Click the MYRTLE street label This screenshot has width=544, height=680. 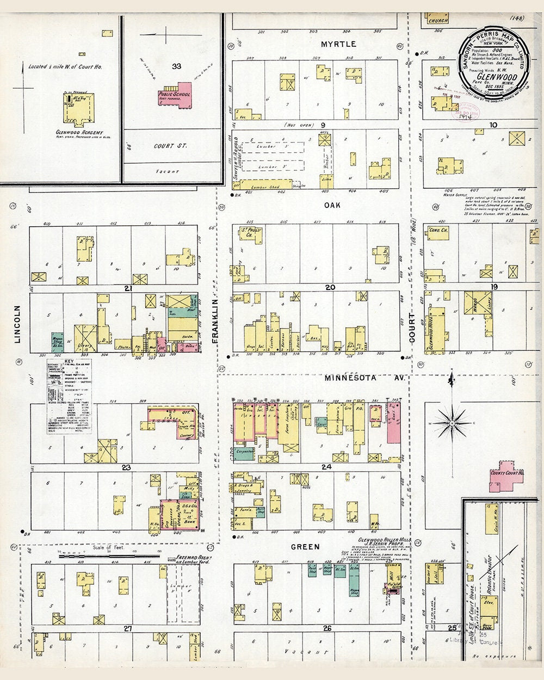click(338, 44)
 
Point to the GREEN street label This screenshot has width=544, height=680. click(319, 546)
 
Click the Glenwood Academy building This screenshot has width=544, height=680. click(80, 107)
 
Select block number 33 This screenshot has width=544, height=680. click(176, 66)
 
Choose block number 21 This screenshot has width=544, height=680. click(127, 288)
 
